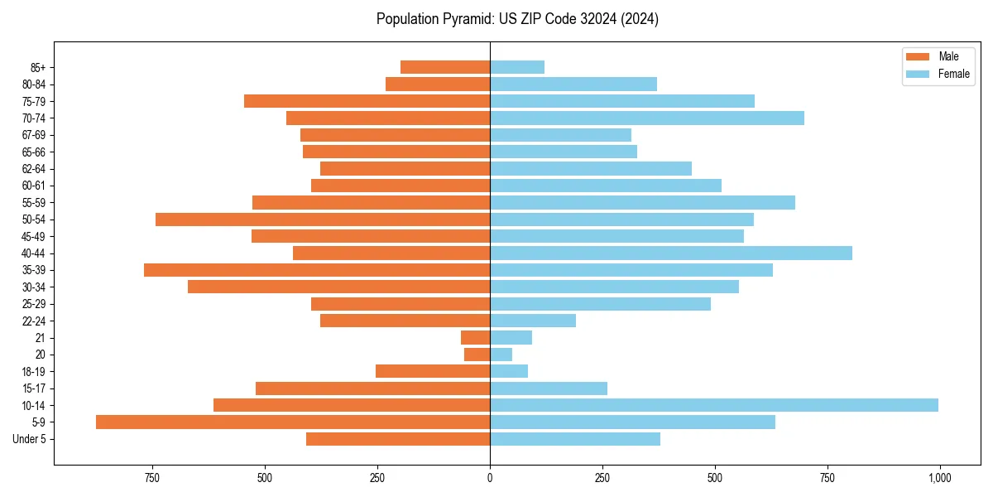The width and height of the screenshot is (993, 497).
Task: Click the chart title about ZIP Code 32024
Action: (x=517, y=19)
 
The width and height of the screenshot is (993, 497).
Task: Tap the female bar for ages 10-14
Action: (x=713, y=405)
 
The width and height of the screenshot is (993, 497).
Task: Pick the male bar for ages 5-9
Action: (x=293, y=422)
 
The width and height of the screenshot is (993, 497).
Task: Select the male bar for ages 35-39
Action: (x=317, y=270)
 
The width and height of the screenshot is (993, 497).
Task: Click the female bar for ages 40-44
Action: (x=670, y=253)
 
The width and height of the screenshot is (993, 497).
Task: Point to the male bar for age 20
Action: (x=477, y=355)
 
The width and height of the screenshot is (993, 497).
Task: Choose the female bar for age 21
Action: (x=511, y=337)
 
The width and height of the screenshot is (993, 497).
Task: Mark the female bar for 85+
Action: (x=517, y=67)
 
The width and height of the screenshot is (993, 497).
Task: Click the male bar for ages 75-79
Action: (x=367, y=101)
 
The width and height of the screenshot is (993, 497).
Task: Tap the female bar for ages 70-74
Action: (x=646, y=118)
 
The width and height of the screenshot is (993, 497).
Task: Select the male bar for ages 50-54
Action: (x=323, y=220)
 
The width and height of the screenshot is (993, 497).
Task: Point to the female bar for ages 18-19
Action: (x=509, y=371)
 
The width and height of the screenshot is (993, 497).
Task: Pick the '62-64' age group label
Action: (x=34, y=169)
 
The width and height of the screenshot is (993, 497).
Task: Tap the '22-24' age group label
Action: (x=34, y=321)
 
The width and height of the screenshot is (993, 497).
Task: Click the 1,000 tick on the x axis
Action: (x=939, y=478)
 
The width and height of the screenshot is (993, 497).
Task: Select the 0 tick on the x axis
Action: (x=490, y=478)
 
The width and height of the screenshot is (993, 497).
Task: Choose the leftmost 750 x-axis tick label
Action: (x=151, y=478)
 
